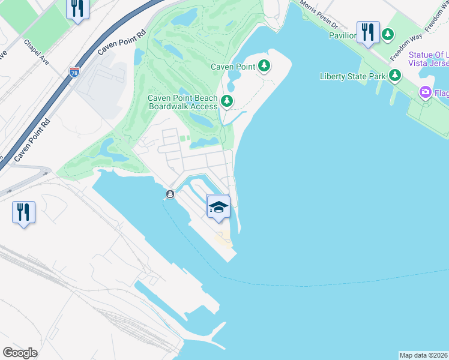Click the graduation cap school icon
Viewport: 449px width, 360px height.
click(218, 207)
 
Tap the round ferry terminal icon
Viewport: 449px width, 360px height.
click(170, 194)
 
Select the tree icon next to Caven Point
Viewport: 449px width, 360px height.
click(264, 66)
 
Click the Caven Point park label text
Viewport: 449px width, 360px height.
click(234, 67)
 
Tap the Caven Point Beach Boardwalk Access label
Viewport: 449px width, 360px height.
click(182, 102)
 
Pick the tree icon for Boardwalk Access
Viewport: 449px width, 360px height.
click(227, 101)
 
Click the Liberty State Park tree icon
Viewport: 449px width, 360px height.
click(395, 76)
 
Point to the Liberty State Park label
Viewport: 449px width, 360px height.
click(354, 76)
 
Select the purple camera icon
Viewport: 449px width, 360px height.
click(426, 92)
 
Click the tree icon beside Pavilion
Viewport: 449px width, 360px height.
click(389, 35)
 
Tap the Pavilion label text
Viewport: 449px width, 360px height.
click(342, 35)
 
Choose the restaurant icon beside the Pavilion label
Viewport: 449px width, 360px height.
click(368, 32)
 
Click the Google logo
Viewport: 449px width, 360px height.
click(20, 353)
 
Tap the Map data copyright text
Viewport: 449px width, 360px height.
click(423, 355)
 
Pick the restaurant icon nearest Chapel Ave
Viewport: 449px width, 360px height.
click(77, 8)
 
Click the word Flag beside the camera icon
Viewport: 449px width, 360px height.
click(442, 93)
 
